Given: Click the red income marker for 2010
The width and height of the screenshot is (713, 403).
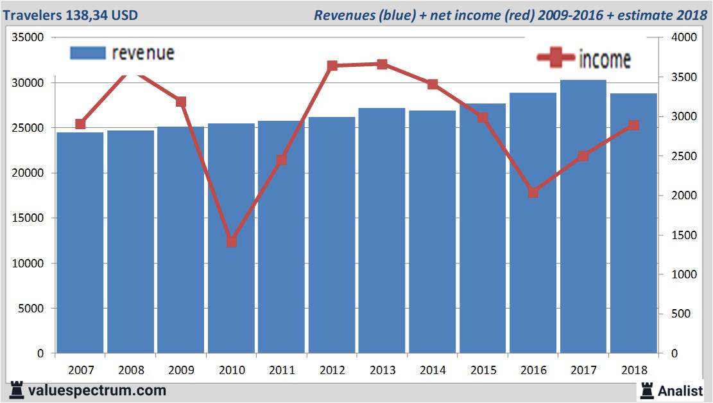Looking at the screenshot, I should pos(232,242).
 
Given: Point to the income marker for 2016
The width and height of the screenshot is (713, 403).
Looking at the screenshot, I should pos(533,192).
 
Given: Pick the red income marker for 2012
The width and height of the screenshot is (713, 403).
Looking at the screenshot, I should pos(332,66).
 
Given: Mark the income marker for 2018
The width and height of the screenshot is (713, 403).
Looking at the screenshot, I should pos(633,125).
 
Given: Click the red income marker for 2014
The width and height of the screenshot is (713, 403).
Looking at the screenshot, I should pos(433,84).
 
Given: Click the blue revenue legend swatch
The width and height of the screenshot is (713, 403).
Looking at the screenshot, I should pos(87,53).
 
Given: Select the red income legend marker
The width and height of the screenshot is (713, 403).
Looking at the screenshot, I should pos(556,58).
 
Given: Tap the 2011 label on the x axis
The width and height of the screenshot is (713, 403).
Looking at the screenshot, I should pos(282,370).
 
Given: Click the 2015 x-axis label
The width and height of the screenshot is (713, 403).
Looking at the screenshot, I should pos(483,370).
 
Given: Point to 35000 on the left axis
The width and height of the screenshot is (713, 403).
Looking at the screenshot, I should pos(28,38).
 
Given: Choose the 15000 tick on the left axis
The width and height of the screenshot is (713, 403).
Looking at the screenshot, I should pos(28,219).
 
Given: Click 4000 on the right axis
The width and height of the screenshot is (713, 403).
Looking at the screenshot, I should pos(683,38).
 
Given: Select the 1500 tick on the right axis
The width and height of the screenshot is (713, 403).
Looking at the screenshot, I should pos(683,235).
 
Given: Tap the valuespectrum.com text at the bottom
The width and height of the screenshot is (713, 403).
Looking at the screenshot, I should pos(96,390).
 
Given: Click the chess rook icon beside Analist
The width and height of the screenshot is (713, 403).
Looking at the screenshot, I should pos(646,390).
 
